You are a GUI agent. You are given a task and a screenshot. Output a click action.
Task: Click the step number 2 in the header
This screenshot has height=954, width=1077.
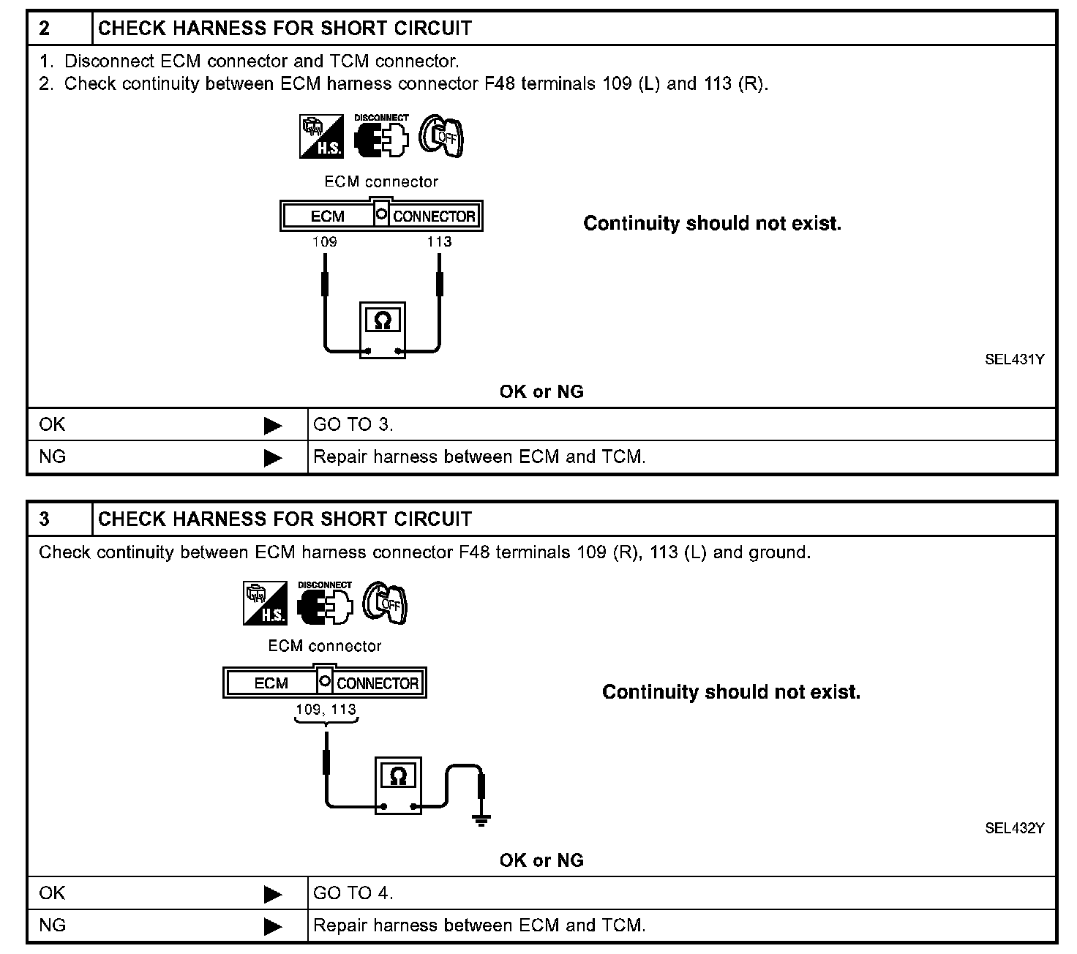[45, 29]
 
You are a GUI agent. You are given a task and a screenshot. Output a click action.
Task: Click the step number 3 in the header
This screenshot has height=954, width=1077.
[45, 519]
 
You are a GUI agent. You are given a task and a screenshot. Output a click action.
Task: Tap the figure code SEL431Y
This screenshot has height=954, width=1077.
[1014, 359]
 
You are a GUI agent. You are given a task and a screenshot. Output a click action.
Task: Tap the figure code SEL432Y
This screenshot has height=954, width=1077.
[1014, 828]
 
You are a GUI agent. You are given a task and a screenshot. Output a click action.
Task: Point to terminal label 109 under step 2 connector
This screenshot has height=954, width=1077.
[324, 242]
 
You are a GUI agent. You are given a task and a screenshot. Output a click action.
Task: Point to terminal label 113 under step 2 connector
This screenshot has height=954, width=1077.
[439, 242]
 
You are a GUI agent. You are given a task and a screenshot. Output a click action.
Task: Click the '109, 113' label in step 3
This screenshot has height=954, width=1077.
[326, 710]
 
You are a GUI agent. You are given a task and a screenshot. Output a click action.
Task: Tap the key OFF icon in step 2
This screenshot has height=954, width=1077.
[441, 136]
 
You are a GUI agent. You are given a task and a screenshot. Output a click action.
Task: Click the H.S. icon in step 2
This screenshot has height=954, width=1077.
[320, 136]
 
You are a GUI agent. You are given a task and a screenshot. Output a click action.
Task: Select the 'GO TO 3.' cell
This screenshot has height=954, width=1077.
[353, 424]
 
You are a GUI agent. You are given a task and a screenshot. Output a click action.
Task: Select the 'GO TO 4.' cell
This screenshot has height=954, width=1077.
[353, 893]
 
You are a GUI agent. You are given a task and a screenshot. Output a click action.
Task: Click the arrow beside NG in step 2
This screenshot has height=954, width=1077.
[273, 458]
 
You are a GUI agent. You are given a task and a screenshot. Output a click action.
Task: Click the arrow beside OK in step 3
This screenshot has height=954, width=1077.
[273, 894]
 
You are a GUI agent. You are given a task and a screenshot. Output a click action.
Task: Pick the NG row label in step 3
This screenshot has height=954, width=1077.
[53, 925]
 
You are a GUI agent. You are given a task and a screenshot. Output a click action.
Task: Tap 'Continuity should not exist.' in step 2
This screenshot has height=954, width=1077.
[712, 224]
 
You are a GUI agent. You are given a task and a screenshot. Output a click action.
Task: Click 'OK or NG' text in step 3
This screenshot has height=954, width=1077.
[541, 860]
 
